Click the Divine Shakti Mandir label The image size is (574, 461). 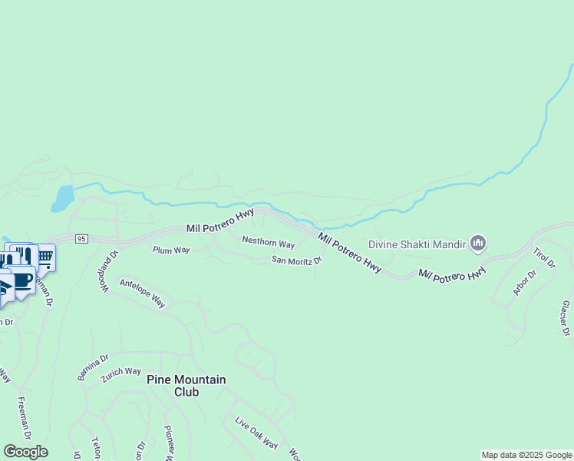click(x=417, y=245)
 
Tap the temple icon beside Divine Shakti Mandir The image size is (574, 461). click(x=478, y=244)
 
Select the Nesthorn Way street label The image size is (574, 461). click(x=269, y=244)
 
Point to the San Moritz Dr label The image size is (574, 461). click(x=296, y=260)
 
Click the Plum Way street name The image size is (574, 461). click(x=171, y=250)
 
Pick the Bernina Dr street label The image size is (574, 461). click(x=94, y=367)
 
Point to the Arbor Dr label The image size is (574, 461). click(x=525, y=283)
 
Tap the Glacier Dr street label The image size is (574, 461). click(x=566, y=318)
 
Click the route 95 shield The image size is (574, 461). click(x=82, y=239)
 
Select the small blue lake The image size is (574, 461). click(x=63, y=198)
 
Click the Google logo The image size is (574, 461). click(x=25, y=452)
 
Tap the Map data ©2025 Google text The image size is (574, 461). click(x=526, y=455)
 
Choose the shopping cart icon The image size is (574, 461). click(x=45, y=257)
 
